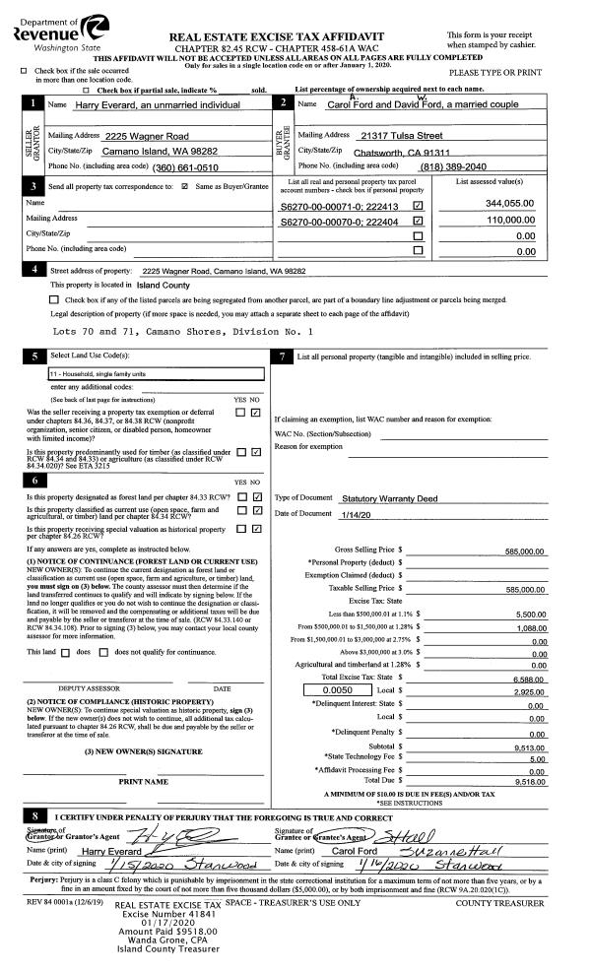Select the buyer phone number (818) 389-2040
[451, 168]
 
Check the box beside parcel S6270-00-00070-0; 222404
[418, 223]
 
